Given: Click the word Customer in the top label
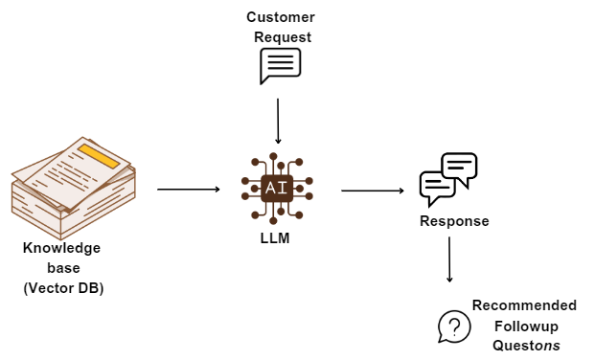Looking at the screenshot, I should coord(280,17).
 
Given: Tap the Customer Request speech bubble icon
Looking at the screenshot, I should coord(280,67).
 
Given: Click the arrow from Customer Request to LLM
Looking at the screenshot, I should coord(278,120).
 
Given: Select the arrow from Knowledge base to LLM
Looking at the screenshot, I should coord(189,189).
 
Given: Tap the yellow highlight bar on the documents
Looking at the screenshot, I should coord(100,156).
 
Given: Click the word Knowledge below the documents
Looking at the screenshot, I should coord(62,248).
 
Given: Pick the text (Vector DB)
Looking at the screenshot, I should coord(63,287).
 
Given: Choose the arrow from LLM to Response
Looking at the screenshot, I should coord(373,191).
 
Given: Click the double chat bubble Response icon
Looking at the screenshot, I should coord(448,179).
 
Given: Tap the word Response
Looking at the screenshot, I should coord(454,221).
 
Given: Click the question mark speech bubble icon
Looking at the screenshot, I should coord(454,326).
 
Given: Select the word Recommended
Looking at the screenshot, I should coord(524,305).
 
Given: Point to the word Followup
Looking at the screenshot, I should coord(524,326).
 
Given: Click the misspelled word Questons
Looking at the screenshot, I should coord(526,346).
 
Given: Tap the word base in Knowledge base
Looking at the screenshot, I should coord(63,267).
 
